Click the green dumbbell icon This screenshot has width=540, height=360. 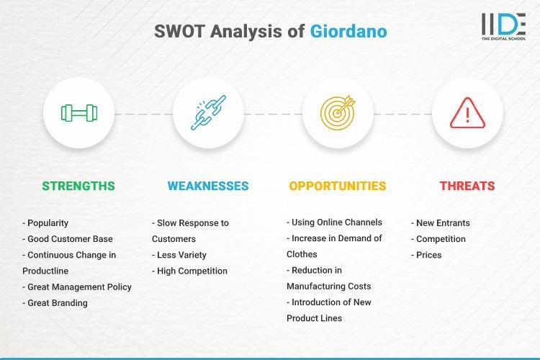[78, 113]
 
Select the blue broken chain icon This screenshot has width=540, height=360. [208, 113]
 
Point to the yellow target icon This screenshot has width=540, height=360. [338, 113]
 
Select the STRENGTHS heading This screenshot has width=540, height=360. [78, 186]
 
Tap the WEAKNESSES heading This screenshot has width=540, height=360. [208, 186]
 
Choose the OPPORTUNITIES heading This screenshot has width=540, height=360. [338, 186]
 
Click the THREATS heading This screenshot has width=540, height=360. [467, 186]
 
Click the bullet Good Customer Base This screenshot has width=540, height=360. [67, 239]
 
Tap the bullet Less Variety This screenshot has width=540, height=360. [179, 255]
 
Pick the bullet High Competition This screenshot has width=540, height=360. [189, 271]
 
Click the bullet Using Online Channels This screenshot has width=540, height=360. [335, 222]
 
